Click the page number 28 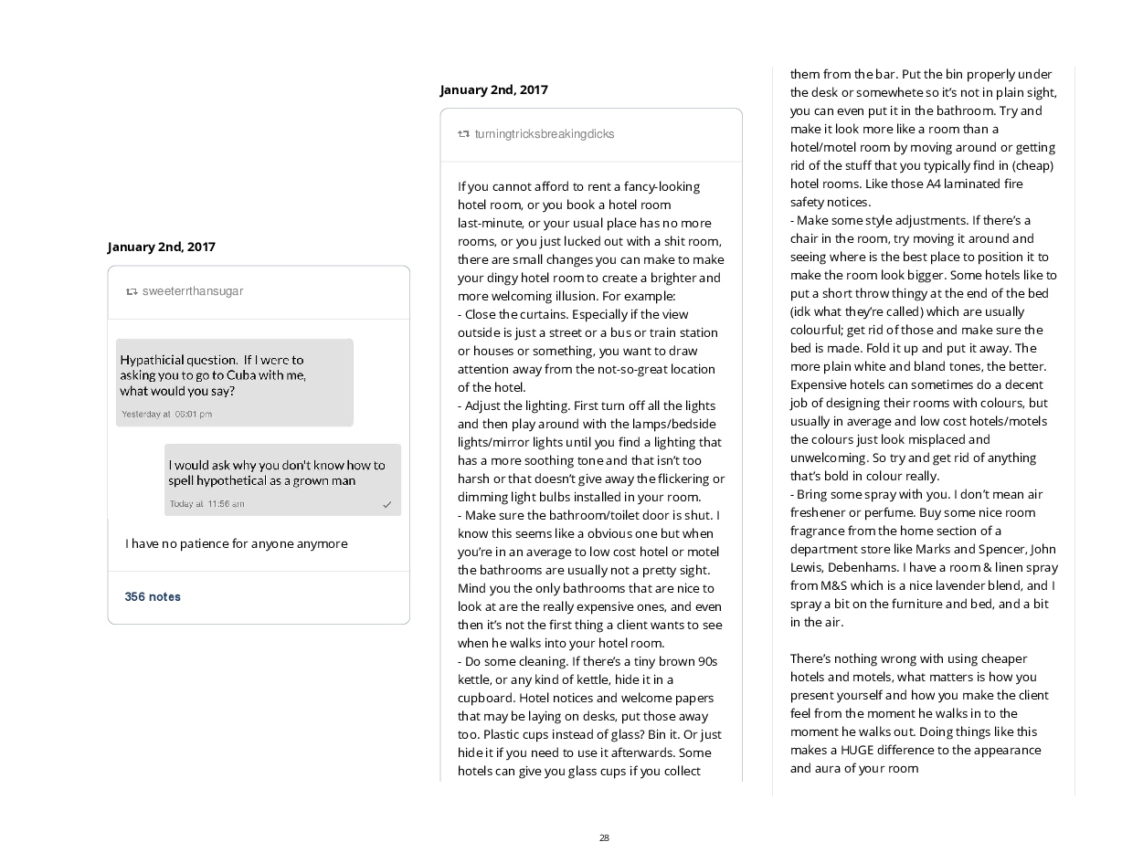point(604,837)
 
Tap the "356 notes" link point(153,596)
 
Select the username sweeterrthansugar point(193,291)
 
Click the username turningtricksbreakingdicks point(545,134)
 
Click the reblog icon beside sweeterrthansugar point(132,291)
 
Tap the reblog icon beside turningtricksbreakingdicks point(463,134)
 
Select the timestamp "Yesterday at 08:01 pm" point(167,414)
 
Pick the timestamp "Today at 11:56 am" point(207,504)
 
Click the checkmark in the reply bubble point(387,504)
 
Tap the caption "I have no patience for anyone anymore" point(237,543)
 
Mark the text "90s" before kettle point(706,661)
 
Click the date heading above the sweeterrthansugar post point(162,247)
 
